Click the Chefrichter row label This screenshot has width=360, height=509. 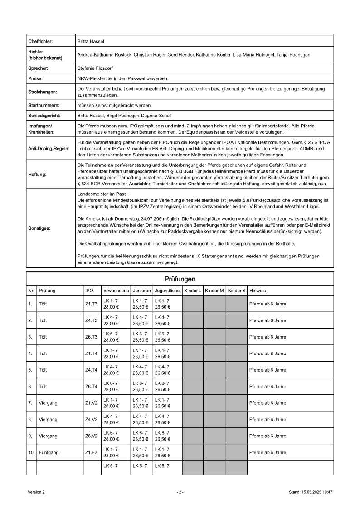pos(40,41)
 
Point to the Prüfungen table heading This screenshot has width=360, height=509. pos(180,279)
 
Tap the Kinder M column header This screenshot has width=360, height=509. pos(214,290)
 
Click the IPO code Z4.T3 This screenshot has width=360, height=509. pos(91,320)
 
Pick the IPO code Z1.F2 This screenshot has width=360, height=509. pos(91,452)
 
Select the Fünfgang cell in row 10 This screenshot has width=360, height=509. pos(49,452)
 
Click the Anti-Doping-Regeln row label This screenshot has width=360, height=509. pos(46,148)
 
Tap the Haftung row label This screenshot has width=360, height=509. pos(37,174)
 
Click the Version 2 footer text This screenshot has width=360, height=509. pos(36,492)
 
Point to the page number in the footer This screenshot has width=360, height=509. pos(180,492)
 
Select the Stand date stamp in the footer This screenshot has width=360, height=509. pos(311,492)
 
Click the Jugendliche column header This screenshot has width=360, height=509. pos(167,290)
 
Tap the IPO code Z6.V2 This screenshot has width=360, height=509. pos(91,436)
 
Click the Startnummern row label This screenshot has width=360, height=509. pos(43,105)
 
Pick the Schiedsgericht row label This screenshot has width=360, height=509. pos(44,116)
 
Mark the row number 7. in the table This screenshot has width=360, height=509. pos(30,403)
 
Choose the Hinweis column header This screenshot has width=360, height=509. pos(258,290)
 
